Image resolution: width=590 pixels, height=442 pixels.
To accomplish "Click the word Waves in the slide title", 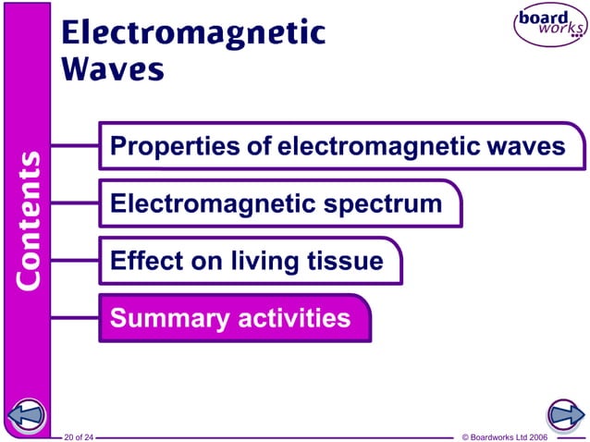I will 113,68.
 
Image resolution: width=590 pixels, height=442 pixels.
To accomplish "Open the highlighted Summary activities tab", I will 231,319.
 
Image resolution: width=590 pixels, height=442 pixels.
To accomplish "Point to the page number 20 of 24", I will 80,436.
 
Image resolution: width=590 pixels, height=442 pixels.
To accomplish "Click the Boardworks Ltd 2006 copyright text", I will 504,436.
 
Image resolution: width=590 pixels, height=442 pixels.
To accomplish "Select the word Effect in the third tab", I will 141,261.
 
